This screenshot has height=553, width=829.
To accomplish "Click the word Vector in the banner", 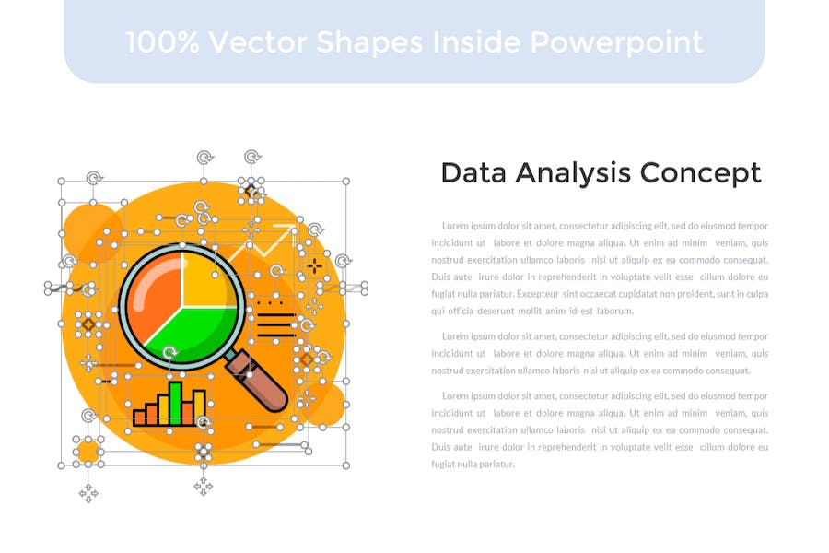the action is [258, 42].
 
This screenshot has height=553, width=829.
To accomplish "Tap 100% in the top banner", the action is [162, 42].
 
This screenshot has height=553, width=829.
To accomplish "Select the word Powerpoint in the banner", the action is [616, 43].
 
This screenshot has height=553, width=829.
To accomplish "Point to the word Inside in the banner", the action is [476, 42].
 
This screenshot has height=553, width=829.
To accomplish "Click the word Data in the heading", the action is [473, 173].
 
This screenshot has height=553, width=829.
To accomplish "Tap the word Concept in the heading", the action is [701, 174].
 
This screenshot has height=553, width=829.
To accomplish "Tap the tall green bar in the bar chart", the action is [176, 403].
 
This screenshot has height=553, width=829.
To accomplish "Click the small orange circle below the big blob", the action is [88, 452].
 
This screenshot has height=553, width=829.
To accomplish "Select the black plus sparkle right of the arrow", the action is [315, 266].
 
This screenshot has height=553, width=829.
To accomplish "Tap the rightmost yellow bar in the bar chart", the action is [199, 407].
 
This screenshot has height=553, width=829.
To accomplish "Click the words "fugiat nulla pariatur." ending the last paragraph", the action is [473, 465].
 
